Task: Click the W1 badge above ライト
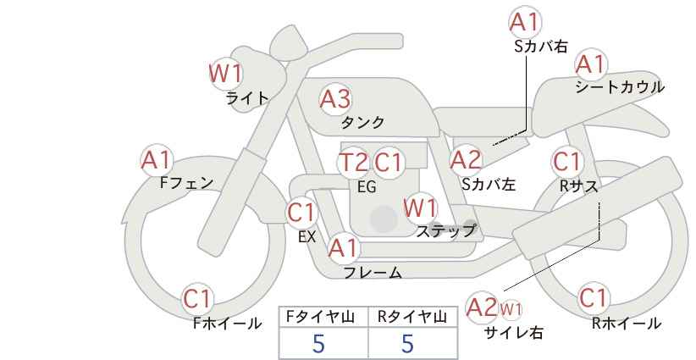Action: coord(226,74)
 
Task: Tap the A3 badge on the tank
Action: coord(335,99)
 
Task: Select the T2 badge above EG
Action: coord(354,163)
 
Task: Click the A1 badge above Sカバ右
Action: coord(525,22)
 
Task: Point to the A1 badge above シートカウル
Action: coord(591,65)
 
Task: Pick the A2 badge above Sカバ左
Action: coord(466,160)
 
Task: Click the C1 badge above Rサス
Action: coord(567,162)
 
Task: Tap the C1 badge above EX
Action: coord(301,213)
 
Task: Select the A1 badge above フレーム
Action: coord(343,248)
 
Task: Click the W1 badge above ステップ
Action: coord(420,208)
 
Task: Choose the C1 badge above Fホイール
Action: coord(197,299)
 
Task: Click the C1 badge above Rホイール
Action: coord(594,298)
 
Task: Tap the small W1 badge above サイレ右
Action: coord(511,309)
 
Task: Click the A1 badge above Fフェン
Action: coord(156,161)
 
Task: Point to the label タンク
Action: coord(362,122)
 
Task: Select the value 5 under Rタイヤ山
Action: coord(407,343)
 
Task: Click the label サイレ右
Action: coord(514,332)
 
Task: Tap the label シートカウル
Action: coord(620,87)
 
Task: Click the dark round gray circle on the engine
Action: coord(384,219)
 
